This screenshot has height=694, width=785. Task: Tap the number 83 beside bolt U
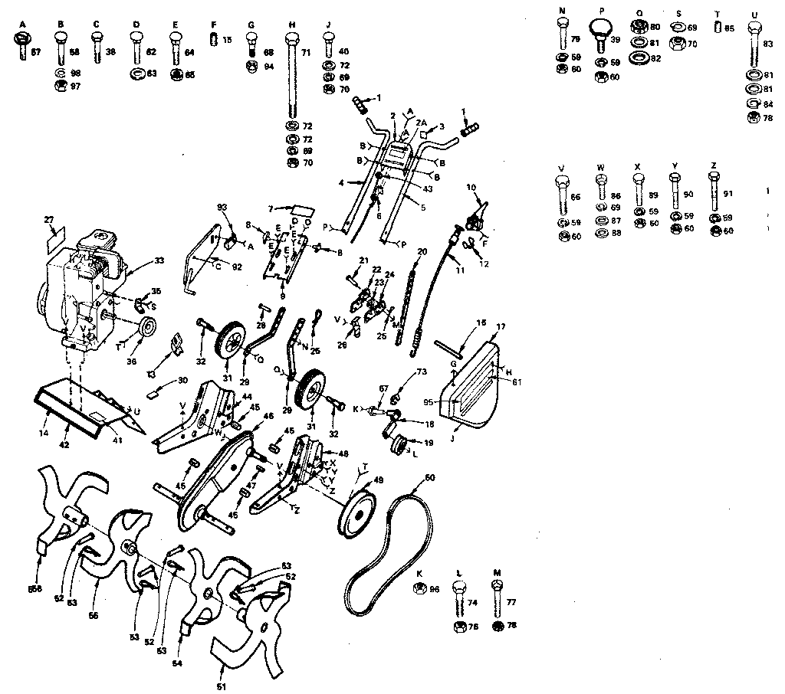[767, 44]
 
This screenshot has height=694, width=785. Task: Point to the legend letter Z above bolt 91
[714, 166]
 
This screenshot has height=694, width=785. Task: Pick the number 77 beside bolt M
[511, 603]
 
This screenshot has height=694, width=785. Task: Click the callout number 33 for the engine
[159, 261]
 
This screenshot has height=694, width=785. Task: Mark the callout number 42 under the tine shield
[65, 444]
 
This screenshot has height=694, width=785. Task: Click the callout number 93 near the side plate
[222, 208]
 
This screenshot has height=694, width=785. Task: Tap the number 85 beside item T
[729, 28]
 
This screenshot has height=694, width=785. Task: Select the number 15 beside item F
[228, 39]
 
